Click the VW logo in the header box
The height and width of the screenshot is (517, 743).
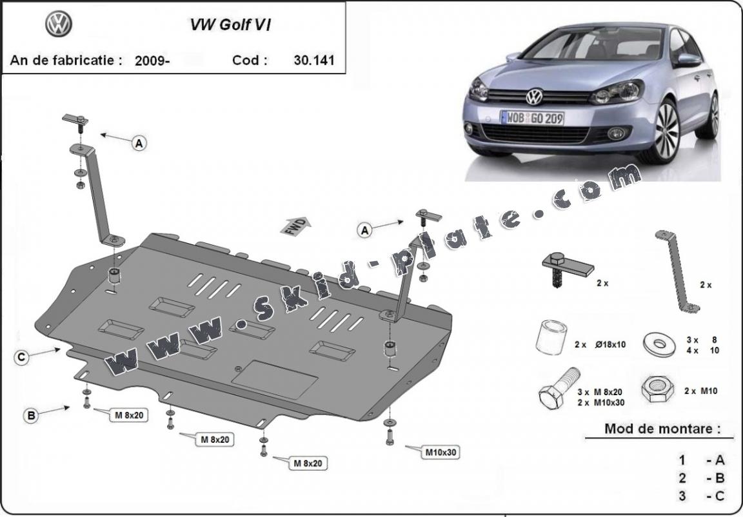point(59,24)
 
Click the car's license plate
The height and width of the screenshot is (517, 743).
point(532,118)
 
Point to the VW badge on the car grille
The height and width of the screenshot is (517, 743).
point(535,97)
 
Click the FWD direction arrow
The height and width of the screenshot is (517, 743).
point(297,225)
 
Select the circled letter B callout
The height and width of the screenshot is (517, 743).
point(30,416)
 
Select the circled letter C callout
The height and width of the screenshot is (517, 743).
point(22,356)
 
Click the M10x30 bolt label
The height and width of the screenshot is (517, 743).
point(441,453)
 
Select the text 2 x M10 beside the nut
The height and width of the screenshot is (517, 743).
point(700,391)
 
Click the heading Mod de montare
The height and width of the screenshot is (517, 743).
point(659,428)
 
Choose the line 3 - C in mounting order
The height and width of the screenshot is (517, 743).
point(702,496)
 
